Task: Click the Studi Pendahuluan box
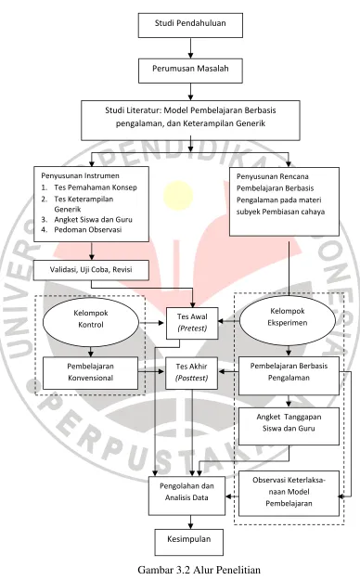coord(190,25)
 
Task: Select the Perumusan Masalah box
coord(190,71)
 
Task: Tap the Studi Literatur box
coord(190,121)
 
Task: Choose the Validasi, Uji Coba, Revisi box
coord(91,270)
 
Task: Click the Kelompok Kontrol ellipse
coord(91,322)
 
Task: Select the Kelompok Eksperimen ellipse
coord(288,320)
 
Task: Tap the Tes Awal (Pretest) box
coord(192,323)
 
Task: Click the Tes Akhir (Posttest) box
coord(192,373)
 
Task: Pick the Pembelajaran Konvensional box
coord(91,373)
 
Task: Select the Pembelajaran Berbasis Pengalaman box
coord(289,376)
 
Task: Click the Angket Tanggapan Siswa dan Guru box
coord(289,426)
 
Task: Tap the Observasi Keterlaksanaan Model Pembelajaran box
coord(289,494)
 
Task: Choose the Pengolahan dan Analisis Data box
coord(186,496)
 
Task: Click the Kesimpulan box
coord(189,542)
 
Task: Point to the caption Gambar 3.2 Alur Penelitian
coord(199,570)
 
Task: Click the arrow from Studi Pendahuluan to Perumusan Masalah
coord(190,48)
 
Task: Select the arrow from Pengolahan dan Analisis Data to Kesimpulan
coord(190,522)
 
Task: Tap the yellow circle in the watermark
coord(178,194)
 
